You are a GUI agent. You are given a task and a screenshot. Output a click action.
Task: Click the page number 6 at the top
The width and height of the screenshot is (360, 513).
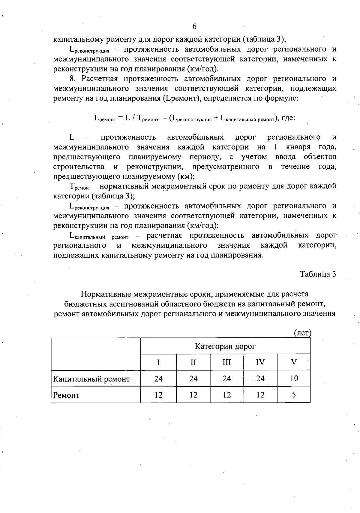point(194,26)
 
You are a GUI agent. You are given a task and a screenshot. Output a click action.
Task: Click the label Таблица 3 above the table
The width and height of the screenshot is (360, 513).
point(318,274)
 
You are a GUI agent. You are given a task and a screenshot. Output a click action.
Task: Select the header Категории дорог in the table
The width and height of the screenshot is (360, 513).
point(225,346)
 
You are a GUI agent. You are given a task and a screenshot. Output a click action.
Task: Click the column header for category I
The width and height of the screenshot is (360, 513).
point(158,362)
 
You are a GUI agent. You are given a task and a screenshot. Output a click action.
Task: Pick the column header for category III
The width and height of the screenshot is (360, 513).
point(226,362)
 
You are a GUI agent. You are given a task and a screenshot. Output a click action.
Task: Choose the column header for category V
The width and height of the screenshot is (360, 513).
point(294,362)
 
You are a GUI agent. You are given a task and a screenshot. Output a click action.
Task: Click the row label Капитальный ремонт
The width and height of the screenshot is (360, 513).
point(91,379)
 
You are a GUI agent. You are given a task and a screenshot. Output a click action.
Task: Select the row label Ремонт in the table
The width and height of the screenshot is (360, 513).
point(66,395)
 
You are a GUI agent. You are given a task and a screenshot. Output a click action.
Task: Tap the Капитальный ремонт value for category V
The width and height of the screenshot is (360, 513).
point(294,379)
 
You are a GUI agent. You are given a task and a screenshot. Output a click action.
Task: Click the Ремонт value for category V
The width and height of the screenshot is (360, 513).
point(294,395)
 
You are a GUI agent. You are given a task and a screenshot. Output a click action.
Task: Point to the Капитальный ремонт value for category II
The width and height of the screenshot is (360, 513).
point(193,379)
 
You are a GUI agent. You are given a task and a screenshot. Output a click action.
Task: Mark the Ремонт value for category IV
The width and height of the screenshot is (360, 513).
point(260,395)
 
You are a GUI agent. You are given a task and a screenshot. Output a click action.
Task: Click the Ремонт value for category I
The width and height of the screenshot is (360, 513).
point(158,395)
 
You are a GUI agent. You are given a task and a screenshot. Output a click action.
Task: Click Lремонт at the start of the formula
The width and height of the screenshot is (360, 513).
point(105,119)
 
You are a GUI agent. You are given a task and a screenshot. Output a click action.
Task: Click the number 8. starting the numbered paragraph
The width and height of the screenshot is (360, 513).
point(72,79)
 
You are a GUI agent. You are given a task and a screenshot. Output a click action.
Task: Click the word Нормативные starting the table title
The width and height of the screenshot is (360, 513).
point(106,294)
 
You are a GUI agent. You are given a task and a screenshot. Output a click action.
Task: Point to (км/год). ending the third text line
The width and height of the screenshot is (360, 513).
point(202,69)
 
